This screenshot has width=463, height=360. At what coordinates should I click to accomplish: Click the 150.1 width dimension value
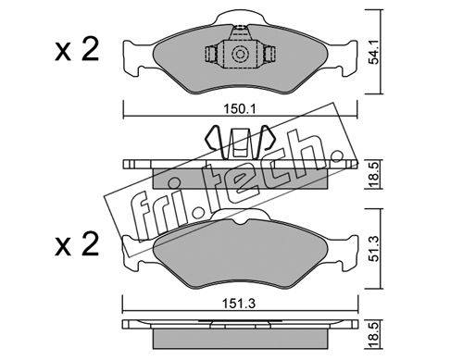pyautogui.click(x=240, y=109)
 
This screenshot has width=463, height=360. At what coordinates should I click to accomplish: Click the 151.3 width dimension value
pyautogui.click(x=240, y=304)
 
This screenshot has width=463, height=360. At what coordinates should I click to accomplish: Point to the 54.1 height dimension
pyautogui.click(x=373, y=56)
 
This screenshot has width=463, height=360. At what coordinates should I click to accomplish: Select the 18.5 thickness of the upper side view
pyautogui.click(x=373, y=174)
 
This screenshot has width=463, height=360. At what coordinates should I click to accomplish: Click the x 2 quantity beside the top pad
pyautogui.click(x=77, y=49)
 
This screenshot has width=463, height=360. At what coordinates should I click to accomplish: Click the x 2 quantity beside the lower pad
pyautogui.click(x=77, y=244)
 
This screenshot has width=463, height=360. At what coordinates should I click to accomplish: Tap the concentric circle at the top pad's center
pyautogui.click(x=240, y=55)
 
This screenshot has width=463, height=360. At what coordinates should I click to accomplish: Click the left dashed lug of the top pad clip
pyautogui.click(x=211, y=55)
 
